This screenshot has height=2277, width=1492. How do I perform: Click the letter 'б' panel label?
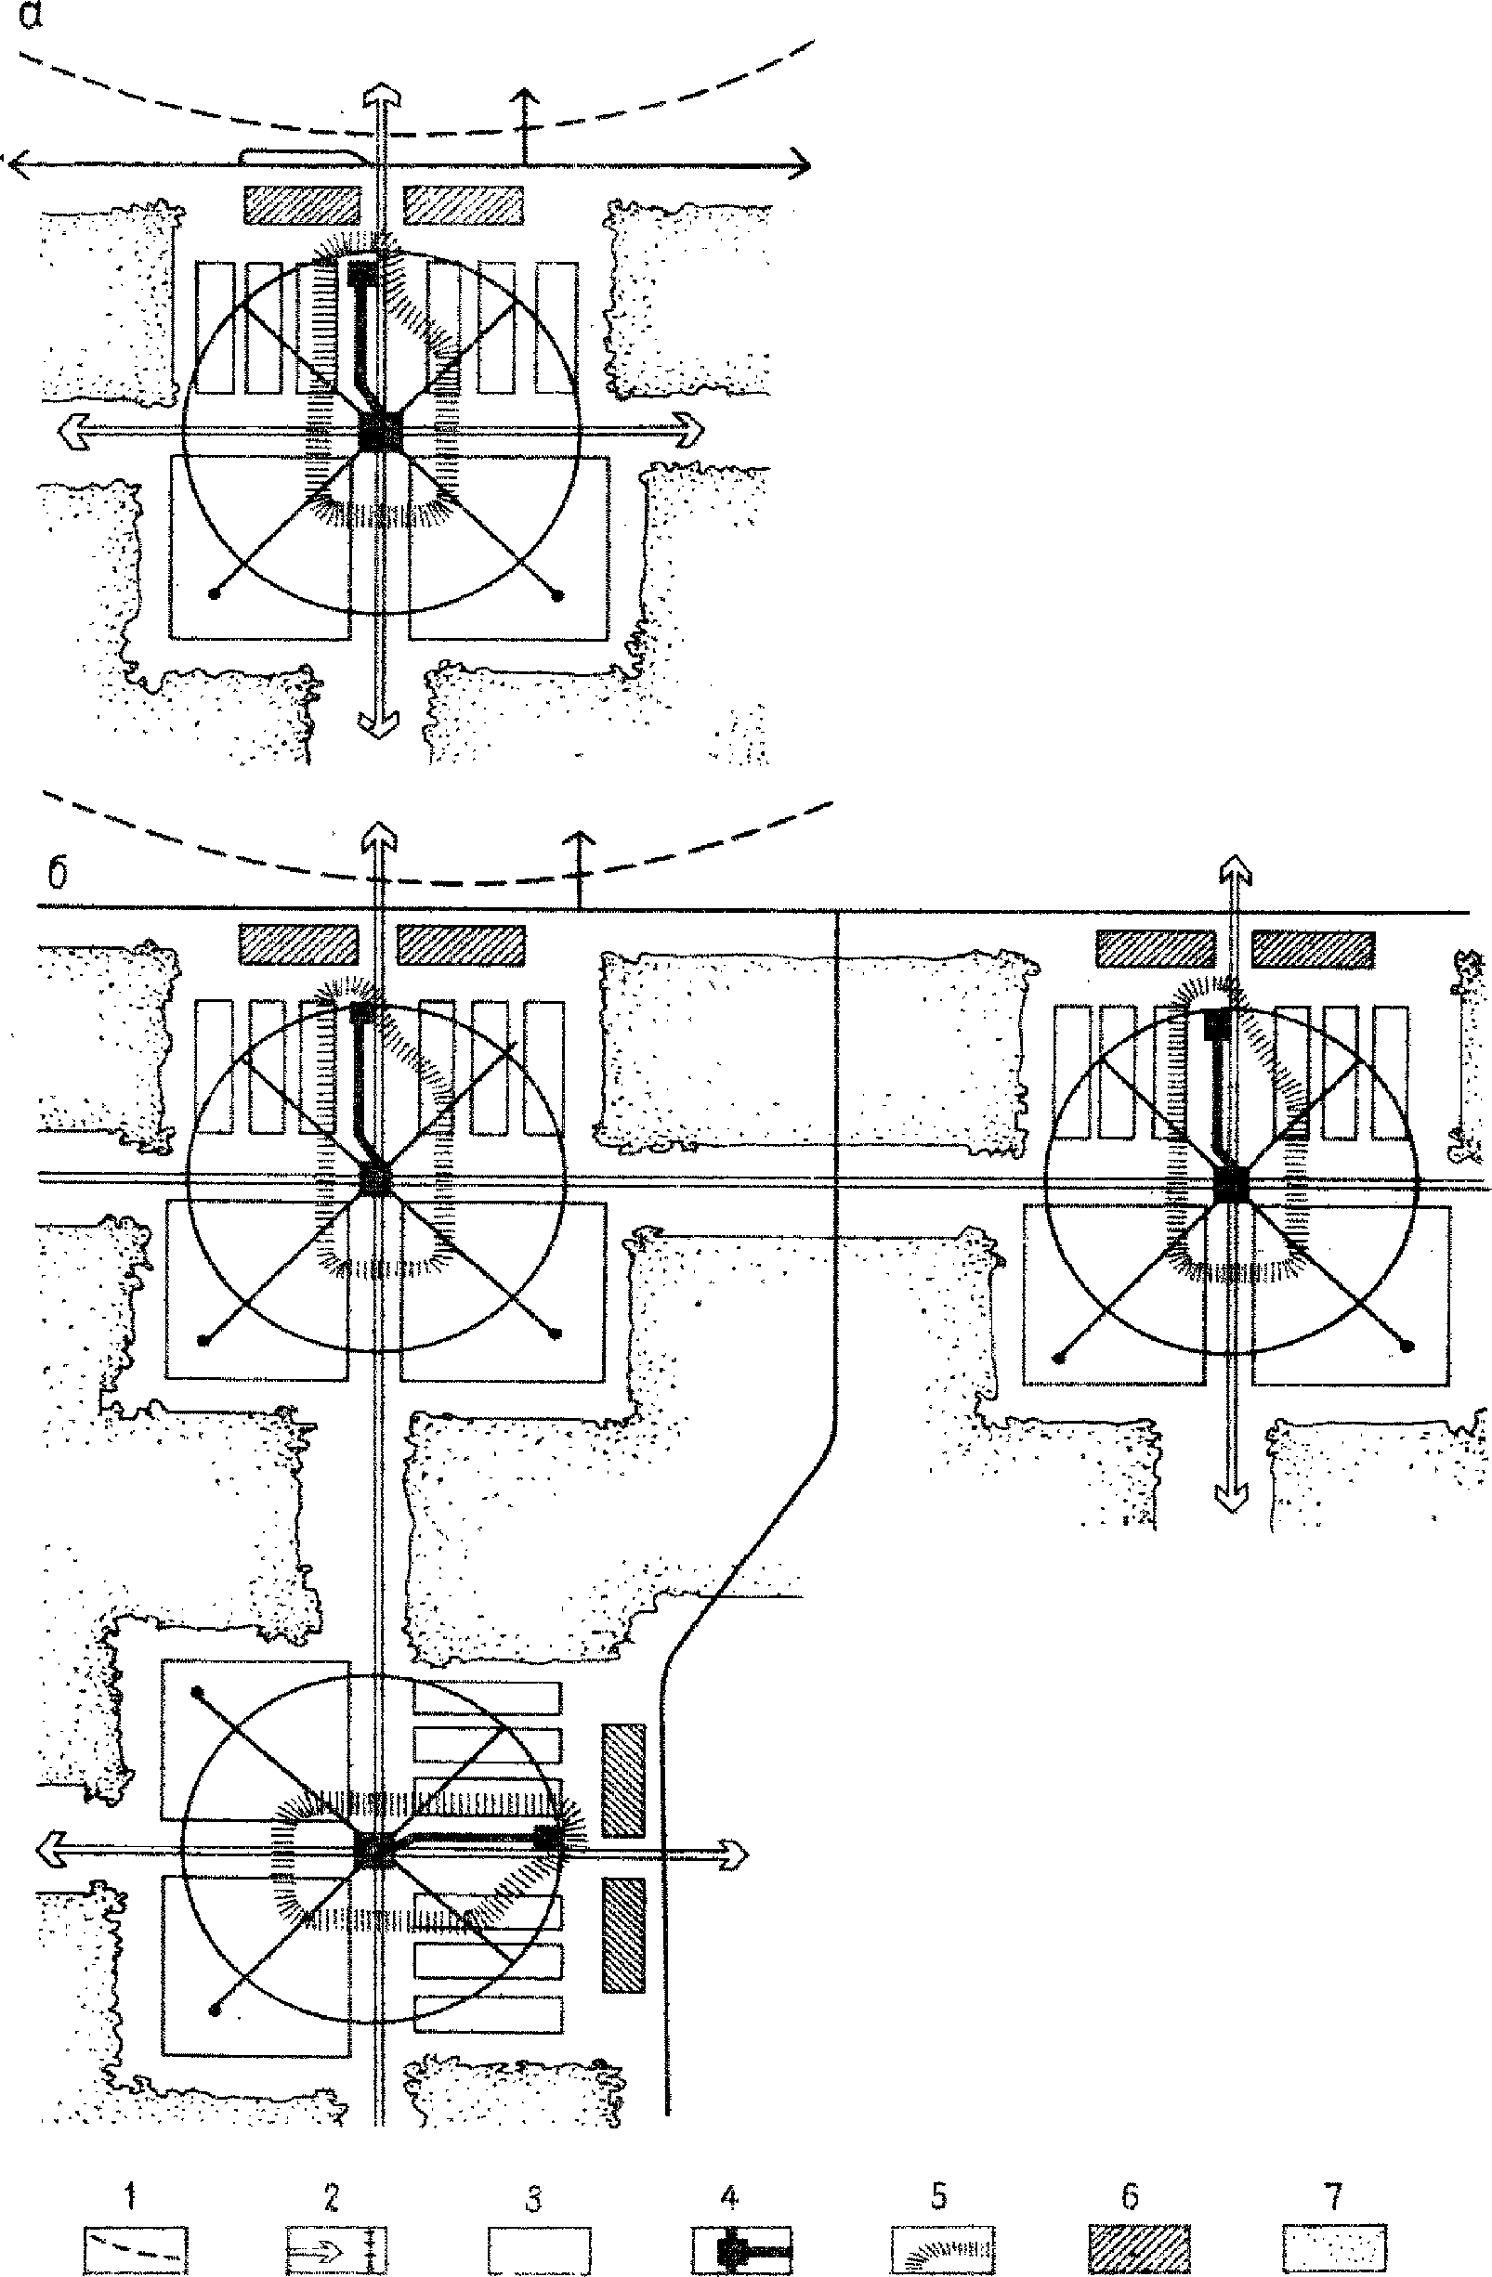[x=58, y=875]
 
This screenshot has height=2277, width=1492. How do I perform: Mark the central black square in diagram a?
[x=382, y=432]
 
